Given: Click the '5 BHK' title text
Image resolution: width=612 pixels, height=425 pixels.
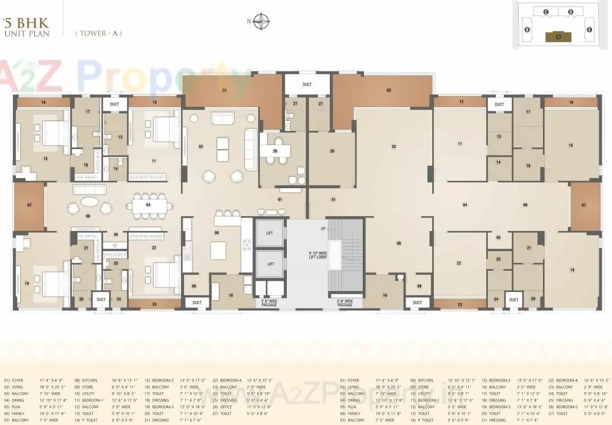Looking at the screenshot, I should pos(26,23).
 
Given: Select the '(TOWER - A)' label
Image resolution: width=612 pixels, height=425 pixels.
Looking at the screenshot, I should pos(99,33).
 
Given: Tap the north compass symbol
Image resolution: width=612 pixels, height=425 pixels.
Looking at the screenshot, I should pos(261,22).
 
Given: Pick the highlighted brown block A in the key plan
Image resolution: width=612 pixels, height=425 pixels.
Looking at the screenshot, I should pos(558,36).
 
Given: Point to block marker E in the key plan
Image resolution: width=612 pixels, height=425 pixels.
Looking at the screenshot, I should pos(589,30).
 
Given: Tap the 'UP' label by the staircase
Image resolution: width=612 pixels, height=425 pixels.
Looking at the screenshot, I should pos(323,228).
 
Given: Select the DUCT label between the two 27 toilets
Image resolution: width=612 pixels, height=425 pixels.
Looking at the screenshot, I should pos(307,84).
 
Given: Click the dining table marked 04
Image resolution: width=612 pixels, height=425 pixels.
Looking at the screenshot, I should pos(148,205).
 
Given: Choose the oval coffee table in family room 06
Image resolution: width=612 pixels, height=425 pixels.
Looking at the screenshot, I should pos(89,205).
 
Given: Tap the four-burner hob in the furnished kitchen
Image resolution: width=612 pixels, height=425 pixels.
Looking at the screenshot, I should pos(247,244).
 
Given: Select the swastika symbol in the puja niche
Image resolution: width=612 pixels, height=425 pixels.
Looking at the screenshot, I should pos(115,245).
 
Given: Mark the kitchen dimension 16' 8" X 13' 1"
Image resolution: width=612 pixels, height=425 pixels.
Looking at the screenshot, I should pos(125,380).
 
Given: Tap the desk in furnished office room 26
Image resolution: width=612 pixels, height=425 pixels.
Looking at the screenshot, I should pos(275,150).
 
